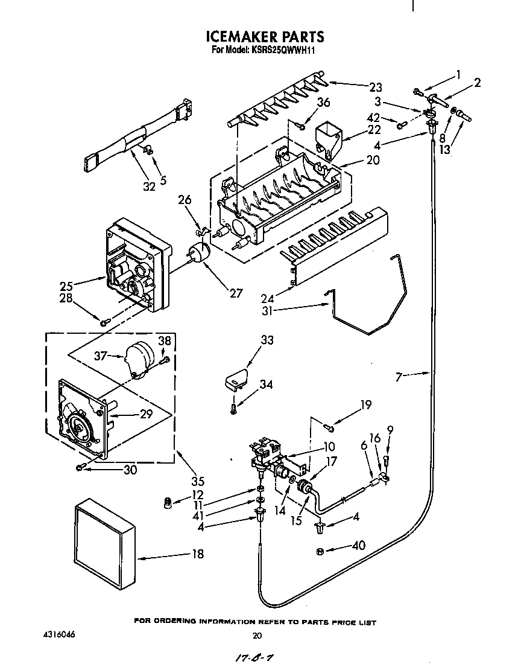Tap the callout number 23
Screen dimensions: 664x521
click(x=376, y=87)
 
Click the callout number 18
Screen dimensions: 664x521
click(x=197, y=553)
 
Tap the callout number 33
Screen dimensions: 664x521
click(x=267, y=341)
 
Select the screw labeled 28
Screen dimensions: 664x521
click(x=104, y=323)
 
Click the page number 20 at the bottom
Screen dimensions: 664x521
click(x=257, y=636)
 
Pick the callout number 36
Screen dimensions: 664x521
click(x=324, y=103)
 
